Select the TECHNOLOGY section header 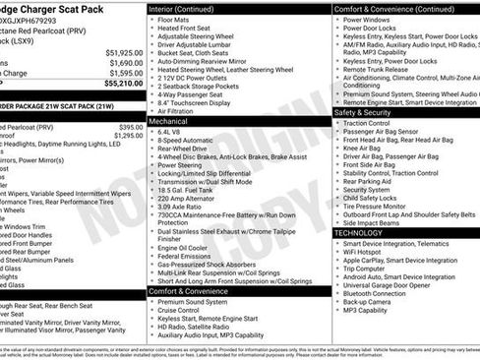pos(365,232)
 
